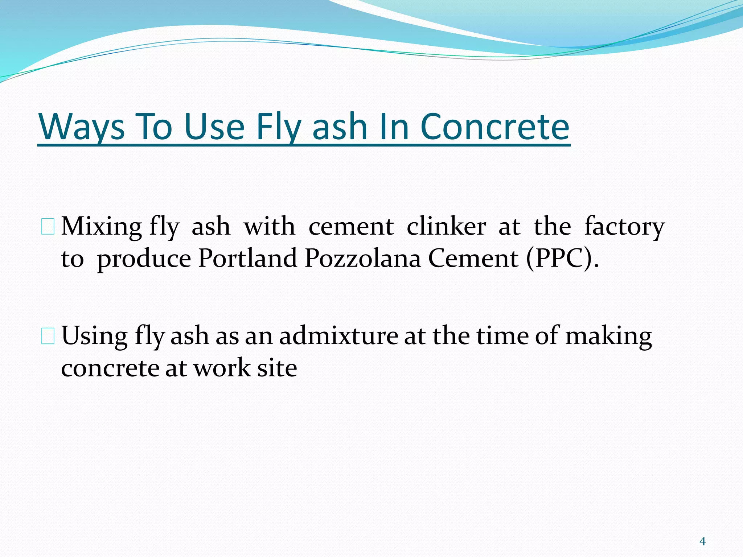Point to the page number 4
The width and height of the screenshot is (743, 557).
point(702,541)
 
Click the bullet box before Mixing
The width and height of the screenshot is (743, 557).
point(48,227)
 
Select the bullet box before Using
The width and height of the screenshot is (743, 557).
point(48,336)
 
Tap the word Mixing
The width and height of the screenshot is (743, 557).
point(101,227)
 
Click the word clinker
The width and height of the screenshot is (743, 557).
point(446,227)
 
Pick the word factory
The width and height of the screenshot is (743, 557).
point(624,227)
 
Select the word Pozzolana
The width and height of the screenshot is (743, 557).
point(362,259)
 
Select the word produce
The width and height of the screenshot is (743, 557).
point(144,259)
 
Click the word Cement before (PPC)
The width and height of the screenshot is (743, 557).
point(473,259)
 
